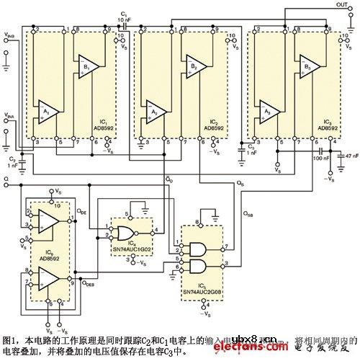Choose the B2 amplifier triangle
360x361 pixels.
point(195,67)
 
